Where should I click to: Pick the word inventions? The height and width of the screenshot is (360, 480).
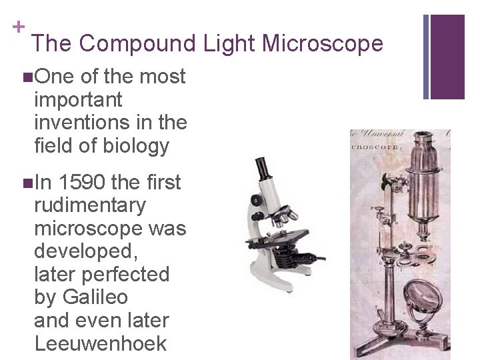[x=87, y=123]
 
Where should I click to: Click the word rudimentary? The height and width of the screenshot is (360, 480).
[x=89, y=205]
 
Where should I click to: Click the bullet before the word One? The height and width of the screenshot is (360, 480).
[x=26, y=77]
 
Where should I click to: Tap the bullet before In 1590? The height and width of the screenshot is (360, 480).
[x=26, y=183]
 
